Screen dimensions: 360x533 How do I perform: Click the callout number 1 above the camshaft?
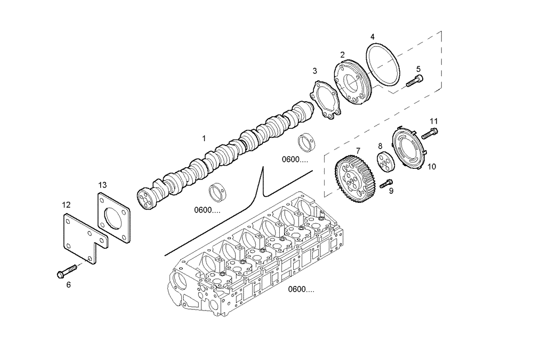coord(204,138)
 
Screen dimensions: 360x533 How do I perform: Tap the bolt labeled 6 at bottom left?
coord(65,272)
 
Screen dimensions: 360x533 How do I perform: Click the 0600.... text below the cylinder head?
coord(301,290)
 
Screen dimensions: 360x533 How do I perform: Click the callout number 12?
coord(66,204)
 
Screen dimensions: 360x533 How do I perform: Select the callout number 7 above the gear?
coord(358,151)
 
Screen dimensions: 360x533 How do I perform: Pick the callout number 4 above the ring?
coord(373,37)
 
